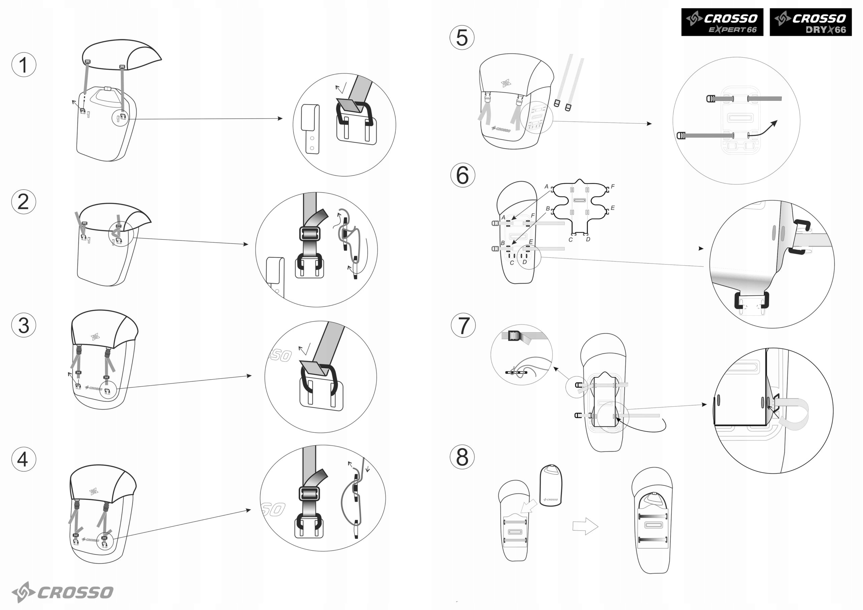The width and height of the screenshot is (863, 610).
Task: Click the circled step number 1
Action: (24, 65)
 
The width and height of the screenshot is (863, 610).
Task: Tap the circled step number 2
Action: (24, 202)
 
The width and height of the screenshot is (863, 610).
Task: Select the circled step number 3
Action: (24, 325)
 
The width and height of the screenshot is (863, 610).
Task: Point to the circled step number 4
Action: (24, 459)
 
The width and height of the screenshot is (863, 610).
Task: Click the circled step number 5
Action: (462, 38)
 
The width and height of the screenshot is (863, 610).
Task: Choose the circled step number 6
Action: (463, 175)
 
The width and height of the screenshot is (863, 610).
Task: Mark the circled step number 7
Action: (463, 325)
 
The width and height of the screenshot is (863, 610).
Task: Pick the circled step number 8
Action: (462, 457)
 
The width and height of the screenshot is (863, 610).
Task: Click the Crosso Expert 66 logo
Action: (722, 22)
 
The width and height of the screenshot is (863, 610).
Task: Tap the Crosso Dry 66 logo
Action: (810, 22)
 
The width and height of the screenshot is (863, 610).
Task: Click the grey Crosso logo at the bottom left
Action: (62, 592)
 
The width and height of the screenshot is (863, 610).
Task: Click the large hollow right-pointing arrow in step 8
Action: (585, 526)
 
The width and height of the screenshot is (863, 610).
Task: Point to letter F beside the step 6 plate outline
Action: (613, 186)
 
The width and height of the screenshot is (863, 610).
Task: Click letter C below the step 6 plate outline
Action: (571, 240)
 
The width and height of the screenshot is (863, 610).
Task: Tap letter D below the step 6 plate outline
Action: (588, 239)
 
